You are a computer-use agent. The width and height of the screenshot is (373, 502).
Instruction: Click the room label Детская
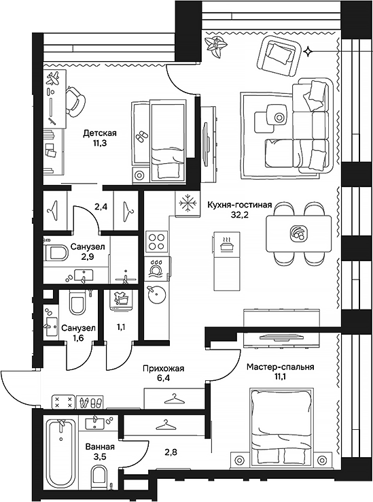point(100,133)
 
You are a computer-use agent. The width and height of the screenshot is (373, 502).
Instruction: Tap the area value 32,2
point(240,214)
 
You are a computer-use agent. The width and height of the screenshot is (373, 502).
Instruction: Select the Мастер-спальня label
point(280,367)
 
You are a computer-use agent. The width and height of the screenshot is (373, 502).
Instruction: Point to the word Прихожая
point(164,369)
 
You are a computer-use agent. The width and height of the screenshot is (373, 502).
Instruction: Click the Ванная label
point(100,447)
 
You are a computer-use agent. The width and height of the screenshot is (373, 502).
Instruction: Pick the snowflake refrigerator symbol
point(187,203)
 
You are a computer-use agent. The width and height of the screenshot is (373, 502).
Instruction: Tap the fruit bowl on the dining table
point(298,233)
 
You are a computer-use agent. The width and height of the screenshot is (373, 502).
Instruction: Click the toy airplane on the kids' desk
point(54,78)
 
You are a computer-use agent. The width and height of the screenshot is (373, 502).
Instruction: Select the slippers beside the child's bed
point(140,137)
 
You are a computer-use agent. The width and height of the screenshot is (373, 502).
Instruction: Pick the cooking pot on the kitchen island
point(226,246)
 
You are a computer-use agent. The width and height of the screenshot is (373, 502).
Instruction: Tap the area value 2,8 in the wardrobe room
point(170,452)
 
